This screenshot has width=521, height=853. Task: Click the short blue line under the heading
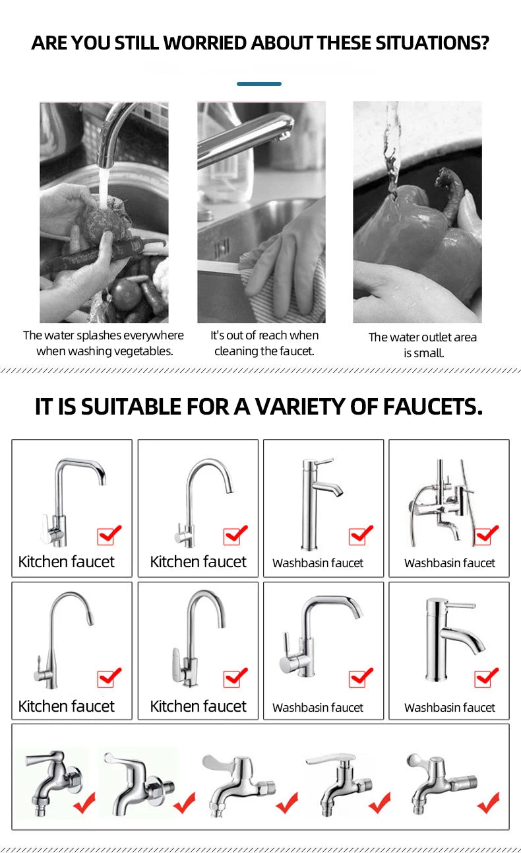pos(259,84)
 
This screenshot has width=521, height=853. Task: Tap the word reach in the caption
pos(273,335)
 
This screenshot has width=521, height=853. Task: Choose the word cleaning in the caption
pos(237,351)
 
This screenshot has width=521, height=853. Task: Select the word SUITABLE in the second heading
pos(125,407)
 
